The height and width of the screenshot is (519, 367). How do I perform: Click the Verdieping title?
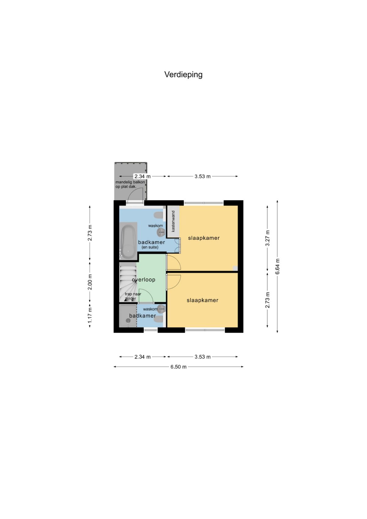point(183,75)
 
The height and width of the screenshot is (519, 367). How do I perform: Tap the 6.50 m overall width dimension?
point(178,367)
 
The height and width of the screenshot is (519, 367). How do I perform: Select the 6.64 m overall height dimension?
point(278,266)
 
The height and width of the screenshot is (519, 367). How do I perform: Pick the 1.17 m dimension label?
point(90,315)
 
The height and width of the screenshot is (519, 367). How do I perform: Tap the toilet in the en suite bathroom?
point(159,216)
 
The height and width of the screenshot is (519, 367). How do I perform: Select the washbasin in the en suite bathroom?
point(161,232)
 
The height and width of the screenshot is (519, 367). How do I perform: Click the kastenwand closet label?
point(173,221)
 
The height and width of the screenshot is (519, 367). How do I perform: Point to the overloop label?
point(143,280)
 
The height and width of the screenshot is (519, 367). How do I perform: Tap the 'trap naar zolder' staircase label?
point(133,296)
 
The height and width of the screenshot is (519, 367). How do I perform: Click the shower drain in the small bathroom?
point(128,321)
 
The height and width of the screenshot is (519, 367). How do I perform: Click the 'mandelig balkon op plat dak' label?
point(130,184)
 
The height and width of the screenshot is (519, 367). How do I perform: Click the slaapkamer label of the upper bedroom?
point(204,238)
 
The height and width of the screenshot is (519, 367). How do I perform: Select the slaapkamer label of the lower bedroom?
point(202,300)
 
